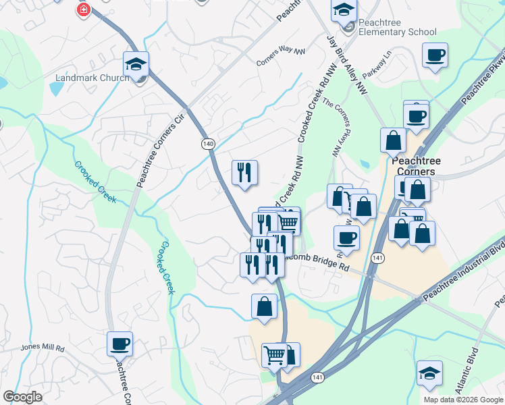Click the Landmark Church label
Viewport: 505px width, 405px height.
pos(92,78)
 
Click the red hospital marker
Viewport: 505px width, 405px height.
pos(83,10)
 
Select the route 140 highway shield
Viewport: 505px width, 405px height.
pos(207,144)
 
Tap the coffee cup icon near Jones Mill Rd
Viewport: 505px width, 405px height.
pos(120,344)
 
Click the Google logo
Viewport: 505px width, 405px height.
pos(22,397)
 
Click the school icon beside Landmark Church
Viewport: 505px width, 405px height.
pos(136,65)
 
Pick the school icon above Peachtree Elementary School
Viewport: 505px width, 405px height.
pos(343,10)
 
